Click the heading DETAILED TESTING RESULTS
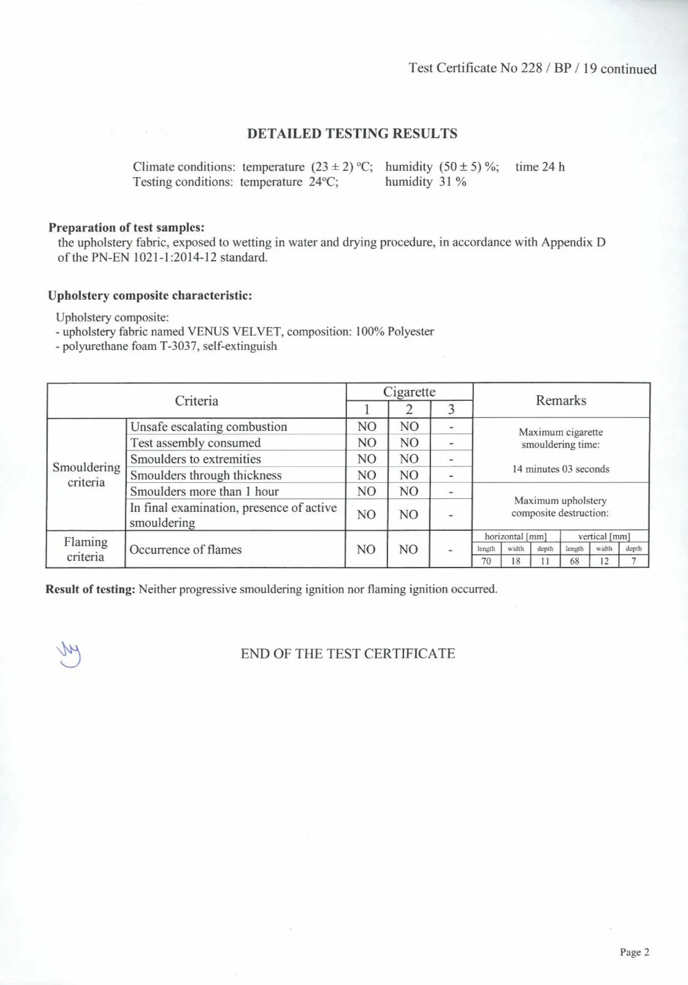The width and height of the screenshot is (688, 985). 352,134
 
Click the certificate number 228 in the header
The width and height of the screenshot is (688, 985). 531,68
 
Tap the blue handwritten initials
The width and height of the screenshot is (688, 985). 69,654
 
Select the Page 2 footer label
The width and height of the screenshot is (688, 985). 634,952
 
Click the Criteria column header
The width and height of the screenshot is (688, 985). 196,401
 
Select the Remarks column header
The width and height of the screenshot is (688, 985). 560,400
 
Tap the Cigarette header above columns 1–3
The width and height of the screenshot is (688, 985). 409,392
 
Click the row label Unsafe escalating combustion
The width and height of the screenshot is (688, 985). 208,427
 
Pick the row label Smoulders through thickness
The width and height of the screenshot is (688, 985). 205,475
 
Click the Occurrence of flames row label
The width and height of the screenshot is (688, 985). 185,549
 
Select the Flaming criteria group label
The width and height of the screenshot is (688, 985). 85,549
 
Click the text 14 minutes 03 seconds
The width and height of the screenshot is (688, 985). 560,469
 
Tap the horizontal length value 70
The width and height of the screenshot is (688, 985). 486,561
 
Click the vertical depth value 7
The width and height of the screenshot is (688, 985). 633,561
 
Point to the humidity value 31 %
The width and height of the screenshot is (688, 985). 453,182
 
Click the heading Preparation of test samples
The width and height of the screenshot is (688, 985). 126,227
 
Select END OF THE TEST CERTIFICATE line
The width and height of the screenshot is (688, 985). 348,653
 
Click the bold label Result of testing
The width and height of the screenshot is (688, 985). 90,590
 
